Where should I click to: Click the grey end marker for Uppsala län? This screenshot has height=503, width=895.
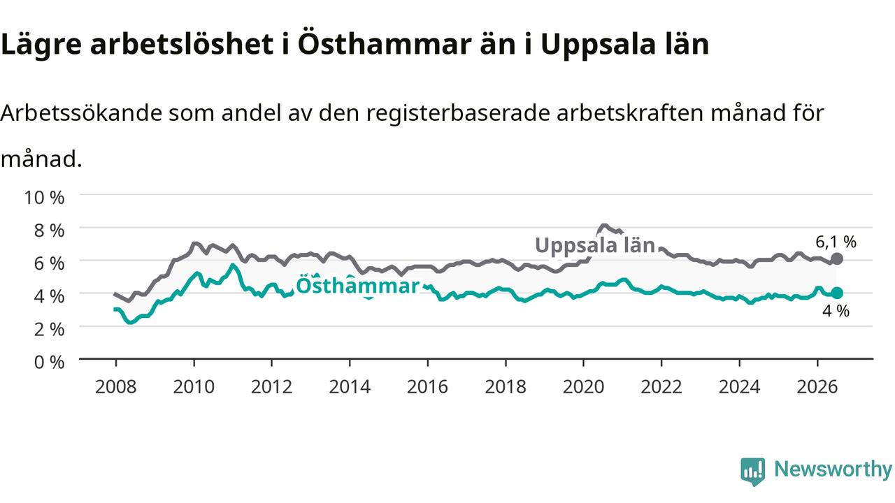coord(837,259)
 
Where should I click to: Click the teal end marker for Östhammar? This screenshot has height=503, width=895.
coord(837,293)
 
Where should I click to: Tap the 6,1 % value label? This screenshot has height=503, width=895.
coord(836,242)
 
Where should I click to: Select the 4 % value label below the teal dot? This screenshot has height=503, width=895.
coord(836,311)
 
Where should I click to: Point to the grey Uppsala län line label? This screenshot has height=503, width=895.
coord(595,245)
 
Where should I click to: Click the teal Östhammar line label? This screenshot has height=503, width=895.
coord(357,286)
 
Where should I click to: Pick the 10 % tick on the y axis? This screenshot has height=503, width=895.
coord(44,198)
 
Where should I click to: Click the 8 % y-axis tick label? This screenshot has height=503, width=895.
coord(49,231)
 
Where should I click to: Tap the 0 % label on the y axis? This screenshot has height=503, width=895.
coord(49,363)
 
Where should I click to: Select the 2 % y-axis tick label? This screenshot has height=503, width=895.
coord(49,329)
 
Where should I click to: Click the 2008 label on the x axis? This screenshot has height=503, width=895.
coord(116,387)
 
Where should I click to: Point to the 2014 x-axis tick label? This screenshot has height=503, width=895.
coord(350,387)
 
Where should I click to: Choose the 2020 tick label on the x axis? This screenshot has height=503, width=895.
coord(583,387)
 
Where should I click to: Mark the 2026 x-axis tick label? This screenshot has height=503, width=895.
coord(817,387)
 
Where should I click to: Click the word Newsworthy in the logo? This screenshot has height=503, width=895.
coord(833,469)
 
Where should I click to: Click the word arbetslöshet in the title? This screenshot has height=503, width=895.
coord(182,43)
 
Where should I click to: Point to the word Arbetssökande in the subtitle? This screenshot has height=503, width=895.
coord(82,113)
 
